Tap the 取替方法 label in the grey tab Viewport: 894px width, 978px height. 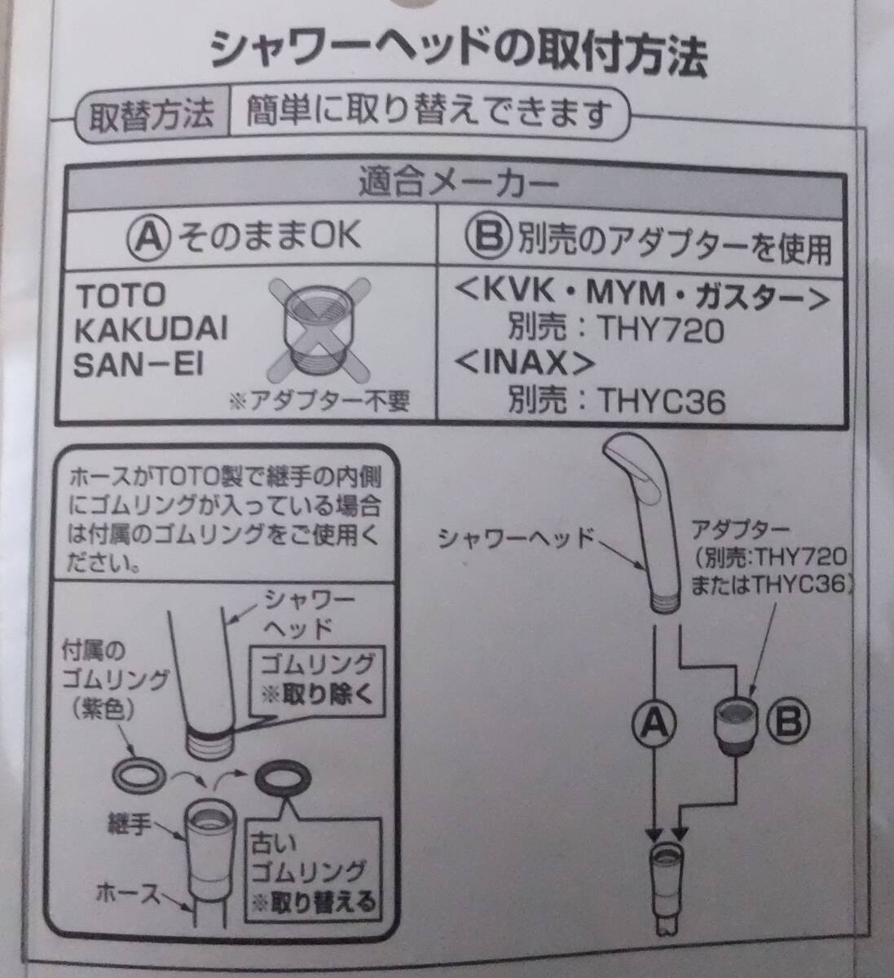pyautogui.click(x=152, y=115)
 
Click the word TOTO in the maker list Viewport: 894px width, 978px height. pyautogui.click(x=121, y=296)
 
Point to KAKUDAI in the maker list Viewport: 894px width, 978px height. pyautogui.click(x=152, y=330)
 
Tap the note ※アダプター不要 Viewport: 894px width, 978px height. pyautogui.click(x=320, y=402)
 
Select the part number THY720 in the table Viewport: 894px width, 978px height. pyautogui.click(x=661, y=329)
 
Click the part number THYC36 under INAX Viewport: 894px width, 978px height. pyautogui.click(x=662, y=401)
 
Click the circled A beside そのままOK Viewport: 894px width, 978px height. pyautogui.click(x=149, y=236)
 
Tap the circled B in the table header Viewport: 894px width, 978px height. pyautogui.click(x=489, y=237)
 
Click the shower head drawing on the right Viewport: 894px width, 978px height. pyautogui.click(x=643, y=522)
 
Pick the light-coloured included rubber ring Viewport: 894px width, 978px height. pyautogui.click(x=139, y=776)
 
